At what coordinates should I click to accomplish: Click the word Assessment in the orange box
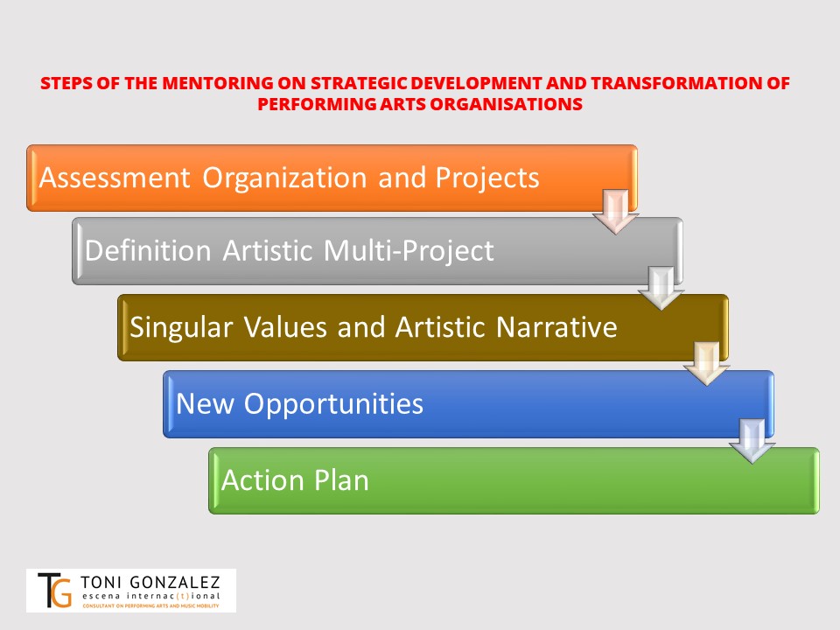115,178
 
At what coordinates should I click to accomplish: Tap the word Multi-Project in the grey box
409,251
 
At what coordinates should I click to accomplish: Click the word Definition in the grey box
148,250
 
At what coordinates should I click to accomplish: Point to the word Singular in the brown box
181,328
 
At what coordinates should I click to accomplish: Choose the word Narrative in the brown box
556,326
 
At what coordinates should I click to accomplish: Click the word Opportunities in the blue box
333,404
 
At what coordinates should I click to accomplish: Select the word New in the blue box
205,403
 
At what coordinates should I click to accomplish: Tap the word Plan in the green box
342,479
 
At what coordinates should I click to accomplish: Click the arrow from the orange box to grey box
615,212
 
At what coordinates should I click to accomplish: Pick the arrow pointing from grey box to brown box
661,288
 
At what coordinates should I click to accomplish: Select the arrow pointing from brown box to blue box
707,364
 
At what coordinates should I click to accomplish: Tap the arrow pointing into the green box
752,441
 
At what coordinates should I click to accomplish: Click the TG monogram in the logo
54,590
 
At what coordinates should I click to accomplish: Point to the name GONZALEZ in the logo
175,583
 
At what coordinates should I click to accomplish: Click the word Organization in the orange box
284,178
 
